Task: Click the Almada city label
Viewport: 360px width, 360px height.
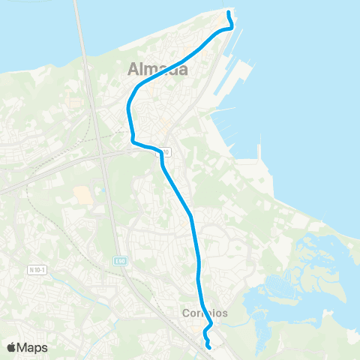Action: point(157,70)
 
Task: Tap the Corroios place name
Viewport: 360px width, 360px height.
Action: point(205,313)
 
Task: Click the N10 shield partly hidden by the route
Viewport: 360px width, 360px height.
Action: point(166,152)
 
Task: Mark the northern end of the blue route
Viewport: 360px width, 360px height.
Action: point(228,11)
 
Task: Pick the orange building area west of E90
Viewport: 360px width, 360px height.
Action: point(83,195)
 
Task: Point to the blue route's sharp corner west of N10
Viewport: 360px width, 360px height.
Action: point(133,140)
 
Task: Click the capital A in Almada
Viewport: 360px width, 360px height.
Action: point(133,70)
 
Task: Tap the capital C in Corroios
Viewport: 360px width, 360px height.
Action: point(186,313)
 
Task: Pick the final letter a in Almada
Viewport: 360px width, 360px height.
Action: point(181,70)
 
